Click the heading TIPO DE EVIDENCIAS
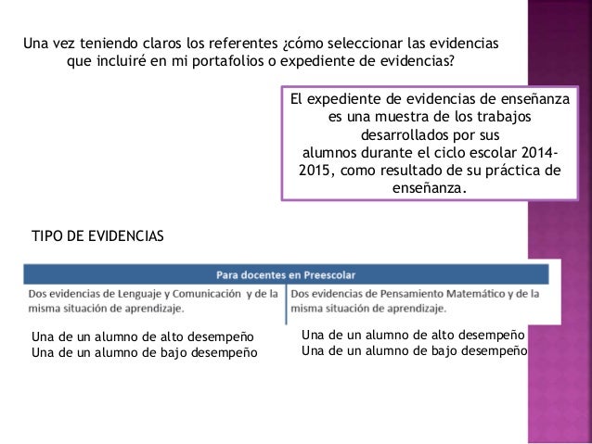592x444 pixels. [x=97, y=237]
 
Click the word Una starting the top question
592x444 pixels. [x=34, y=44]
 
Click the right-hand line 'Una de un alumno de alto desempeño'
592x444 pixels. [x=414, y=335]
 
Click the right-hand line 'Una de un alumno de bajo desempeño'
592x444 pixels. [x=414, y=349]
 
